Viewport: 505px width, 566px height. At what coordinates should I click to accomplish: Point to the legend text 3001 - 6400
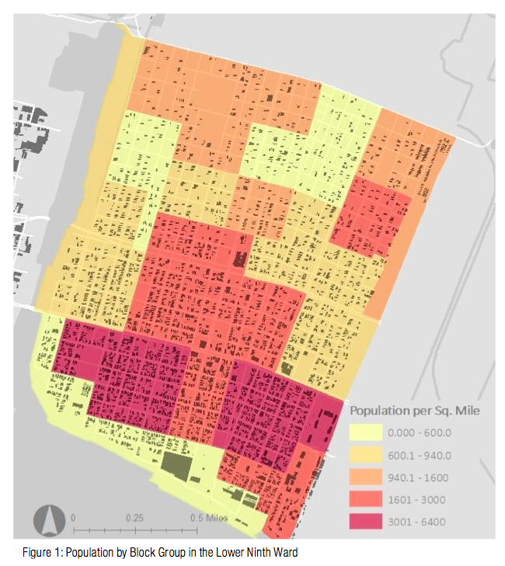[419, 522]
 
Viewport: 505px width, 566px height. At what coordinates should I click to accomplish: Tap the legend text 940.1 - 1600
[419, 477]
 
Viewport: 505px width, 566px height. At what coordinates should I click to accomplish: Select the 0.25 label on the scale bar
[134, 517]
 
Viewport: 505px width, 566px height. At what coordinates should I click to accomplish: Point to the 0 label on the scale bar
[73, 517]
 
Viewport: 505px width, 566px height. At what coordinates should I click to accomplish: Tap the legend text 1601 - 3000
[419, 499]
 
